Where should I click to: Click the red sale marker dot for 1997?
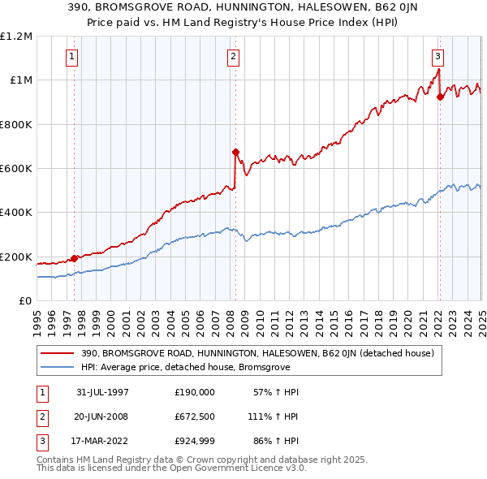coord(75,258)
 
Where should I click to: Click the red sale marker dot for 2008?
coord(235,152)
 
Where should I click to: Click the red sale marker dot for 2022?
coord(440,97)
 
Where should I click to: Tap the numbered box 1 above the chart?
coord(73,57)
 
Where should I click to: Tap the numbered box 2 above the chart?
coord(233,57)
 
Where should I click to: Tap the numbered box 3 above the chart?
coord(437,57)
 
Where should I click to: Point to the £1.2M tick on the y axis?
coord(16,37)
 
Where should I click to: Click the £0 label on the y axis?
coord(24,301)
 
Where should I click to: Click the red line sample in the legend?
coord(58,353)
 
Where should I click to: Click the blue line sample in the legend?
coord(58,367)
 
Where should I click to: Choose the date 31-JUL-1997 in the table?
coord(102,391)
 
